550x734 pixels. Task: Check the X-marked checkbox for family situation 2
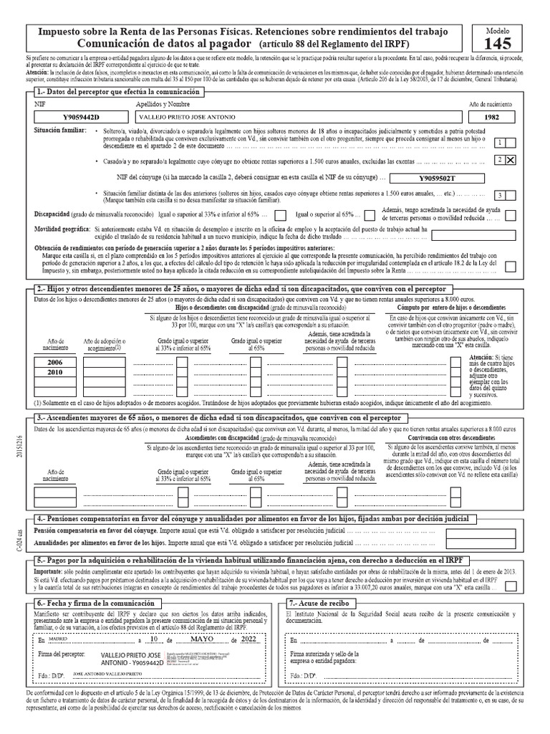coord(511,161)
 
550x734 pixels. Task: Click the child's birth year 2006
coord(55,363)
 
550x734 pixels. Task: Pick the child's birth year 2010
coord(55,373)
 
